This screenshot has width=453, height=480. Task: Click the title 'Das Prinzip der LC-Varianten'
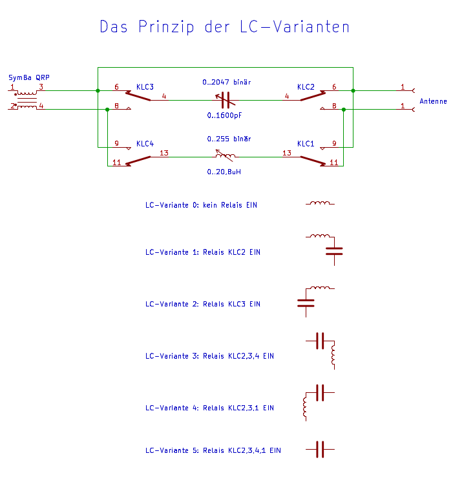coord(224,27)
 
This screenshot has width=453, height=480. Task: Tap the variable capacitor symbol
coord(226,101)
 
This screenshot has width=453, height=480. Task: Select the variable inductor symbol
coord(225,156)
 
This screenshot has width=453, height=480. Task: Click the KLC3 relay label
coord(145,87)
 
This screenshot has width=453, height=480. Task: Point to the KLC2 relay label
coord(306,87)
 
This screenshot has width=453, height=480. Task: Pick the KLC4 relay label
coord(145,144)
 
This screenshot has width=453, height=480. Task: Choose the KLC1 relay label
coord(306,144)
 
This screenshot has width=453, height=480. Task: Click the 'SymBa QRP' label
coord(29,77)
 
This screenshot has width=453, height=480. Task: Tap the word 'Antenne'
coord(433,101)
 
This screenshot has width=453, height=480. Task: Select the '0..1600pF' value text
coord(224,115)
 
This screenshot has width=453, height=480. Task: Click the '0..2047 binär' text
coord(227,82)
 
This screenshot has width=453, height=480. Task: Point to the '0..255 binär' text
coord(229,139)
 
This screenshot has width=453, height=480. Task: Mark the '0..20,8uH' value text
coord(224,172)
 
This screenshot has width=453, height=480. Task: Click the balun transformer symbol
coord(26,100)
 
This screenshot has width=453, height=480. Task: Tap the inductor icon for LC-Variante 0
coord(320,203)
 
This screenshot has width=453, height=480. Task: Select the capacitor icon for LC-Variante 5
coord(320,450)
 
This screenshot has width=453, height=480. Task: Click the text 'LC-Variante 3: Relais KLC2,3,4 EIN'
coord(209,356)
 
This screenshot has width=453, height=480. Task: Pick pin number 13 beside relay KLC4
coord(164,153)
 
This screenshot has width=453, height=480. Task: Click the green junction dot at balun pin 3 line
coord(98,90)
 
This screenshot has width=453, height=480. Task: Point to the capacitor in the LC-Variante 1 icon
coord(334,252)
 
